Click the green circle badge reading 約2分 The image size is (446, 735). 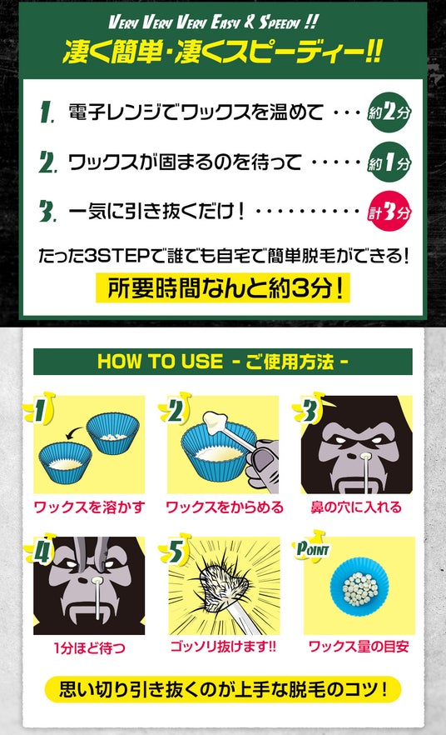coord(389,112)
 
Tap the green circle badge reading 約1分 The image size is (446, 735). coord(389,162)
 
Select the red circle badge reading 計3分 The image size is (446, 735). coord(389,212)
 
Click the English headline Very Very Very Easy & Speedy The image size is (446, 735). coord(213,22)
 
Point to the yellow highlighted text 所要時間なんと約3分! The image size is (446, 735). coord(223,287)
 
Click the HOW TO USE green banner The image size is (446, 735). coord(223,362)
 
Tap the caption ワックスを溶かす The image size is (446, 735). coord(89,507)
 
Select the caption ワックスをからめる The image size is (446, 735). coord(225,507)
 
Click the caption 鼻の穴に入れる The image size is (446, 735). coord(356,507)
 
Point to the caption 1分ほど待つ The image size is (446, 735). coord(89,647)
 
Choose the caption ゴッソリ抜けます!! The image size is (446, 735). coord(223,647)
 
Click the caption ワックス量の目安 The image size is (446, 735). coord(359,647)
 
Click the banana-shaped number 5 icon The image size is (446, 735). coord(176,550)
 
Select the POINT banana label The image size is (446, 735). coord(312,547)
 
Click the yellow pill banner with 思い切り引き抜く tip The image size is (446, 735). coord(223,689)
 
